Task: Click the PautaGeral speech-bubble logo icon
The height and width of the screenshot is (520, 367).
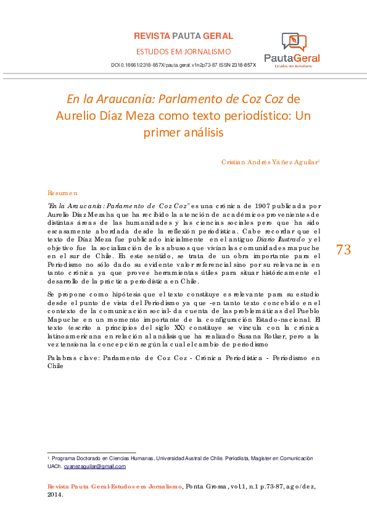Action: pos(294,41)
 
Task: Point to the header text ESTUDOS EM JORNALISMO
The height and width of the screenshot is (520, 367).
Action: pos(183,51)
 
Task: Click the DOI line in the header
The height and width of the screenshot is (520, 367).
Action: pos(183,64)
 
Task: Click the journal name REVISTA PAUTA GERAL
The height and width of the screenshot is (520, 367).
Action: pos(183,36)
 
